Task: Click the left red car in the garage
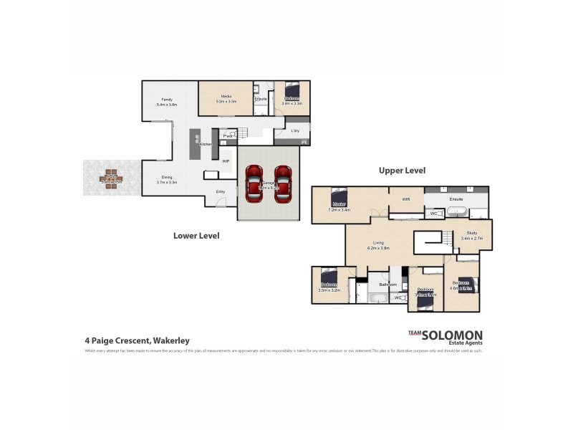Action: (254, 183)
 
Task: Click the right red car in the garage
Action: (284, 183)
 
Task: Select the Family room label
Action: (166, 99)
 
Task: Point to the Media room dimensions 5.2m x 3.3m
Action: (226, 102)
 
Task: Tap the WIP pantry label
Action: (226, 161)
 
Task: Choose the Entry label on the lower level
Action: (221, 191)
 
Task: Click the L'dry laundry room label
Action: (295, 130)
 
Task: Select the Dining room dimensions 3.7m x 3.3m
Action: (166, 182)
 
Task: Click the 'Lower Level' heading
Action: (196, 235)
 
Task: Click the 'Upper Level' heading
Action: (402, 171)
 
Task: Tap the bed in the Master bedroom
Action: (337, 197)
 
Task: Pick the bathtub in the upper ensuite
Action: (457, 212)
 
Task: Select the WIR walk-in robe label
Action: (405, 199)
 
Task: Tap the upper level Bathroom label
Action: (388, 285)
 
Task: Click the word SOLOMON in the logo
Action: (452, 335)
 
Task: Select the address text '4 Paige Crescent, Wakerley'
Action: (137, 341)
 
